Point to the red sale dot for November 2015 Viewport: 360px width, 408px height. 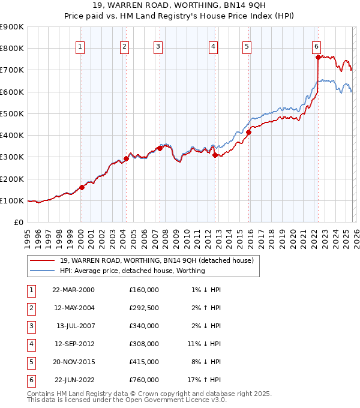pyautogui.click(x=248, y=132)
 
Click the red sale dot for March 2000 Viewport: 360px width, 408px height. pyautogui.click(x=82, y=187)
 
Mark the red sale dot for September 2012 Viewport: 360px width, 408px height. pyautogui.click(x=215, y=155)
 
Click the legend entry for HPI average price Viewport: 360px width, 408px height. pyautogui.click(x=132, y=271)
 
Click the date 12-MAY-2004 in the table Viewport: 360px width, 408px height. pyautogui.click(x=73, y=308)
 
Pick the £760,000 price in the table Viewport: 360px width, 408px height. pyautogui.click(x=144, y=380)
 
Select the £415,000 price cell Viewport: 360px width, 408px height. pyautogui.click(x=144, y=362)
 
